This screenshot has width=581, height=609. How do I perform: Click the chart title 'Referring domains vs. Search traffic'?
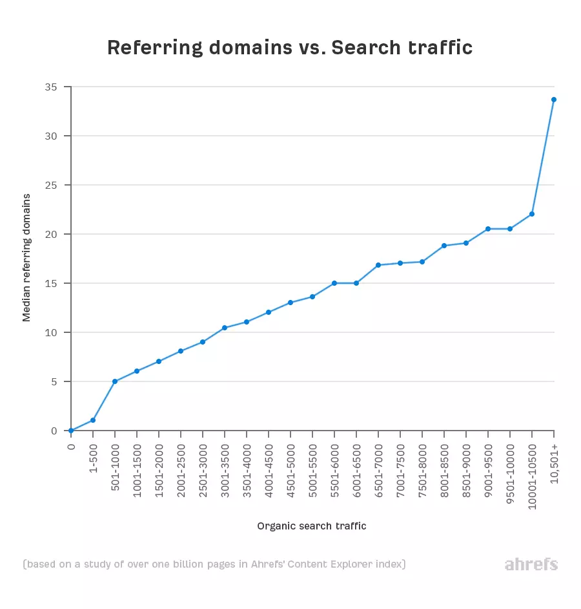290,48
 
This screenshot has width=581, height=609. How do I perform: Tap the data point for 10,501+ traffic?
554,100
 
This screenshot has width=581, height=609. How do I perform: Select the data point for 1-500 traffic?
93,420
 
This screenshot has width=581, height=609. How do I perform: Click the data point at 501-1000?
115,381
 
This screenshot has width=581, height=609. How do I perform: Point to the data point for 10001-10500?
532,214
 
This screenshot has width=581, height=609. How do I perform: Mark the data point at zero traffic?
71,431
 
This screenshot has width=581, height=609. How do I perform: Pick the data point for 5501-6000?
334,283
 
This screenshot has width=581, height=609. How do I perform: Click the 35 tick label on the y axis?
51,87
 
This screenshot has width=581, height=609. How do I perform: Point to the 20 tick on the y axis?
51,234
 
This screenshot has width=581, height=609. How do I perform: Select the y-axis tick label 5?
54,381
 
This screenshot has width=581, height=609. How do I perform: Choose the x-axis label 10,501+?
555,460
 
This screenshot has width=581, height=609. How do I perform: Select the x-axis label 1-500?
94,457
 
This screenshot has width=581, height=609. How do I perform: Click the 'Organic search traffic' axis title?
311,526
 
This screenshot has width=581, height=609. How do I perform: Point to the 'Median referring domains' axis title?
26,257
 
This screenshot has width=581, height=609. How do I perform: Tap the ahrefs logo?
531,564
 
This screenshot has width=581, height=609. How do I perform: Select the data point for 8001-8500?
444,246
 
